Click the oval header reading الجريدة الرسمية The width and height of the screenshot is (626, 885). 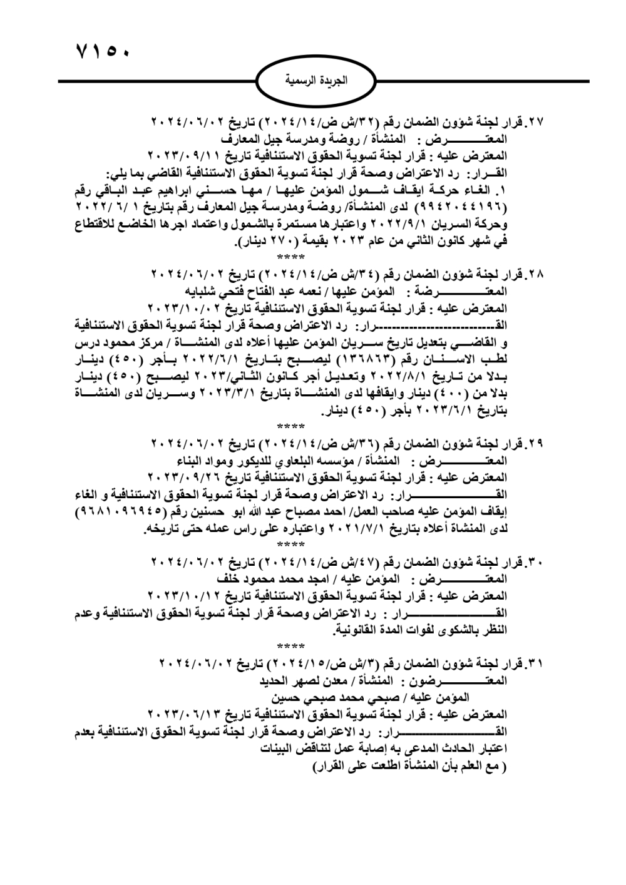(316, 81)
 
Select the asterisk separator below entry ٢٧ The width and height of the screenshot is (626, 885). (290, 257)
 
